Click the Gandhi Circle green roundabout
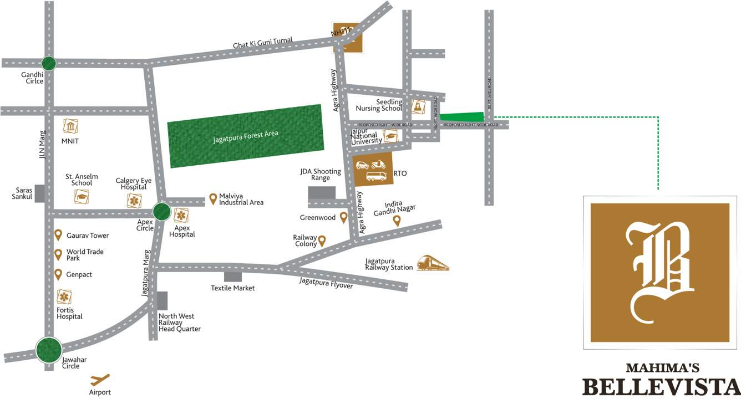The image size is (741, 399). click(49, 63)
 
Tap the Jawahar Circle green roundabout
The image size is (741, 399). click(49, 350)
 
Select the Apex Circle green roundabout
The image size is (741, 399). click(162, 211)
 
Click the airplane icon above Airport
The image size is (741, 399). click(100, 380)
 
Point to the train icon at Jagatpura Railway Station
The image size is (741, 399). click(433, 263)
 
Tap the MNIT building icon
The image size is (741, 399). click(70, 126)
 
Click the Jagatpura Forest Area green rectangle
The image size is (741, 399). click(245, 136)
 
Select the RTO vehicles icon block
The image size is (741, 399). click(373, 170)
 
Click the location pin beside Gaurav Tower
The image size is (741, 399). click(58, 236)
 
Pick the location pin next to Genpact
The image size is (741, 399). click(58, 274)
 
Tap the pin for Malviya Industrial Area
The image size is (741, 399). click(213, 199)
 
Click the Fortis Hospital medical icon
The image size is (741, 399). click(64, 297)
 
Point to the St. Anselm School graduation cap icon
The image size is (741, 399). click(82, 196)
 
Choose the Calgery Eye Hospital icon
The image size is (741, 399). click(134, 201)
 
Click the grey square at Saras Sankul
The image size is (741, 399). click(39, 193)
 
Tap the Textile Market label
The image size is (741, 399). click(233, 288)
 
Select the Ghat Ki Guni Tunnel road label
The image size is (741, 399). click(263, 44)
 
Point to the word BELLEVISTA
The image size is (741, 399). click(661, 387)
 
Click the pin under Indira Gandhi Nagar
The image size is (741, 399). click(397, 221)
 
